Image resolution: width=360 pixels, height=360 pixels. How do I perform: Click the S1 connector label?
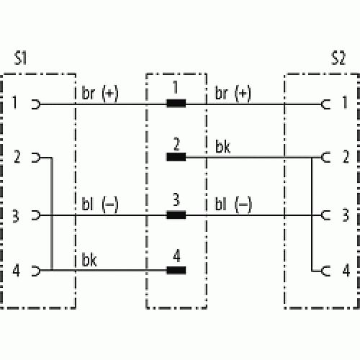point(20,58)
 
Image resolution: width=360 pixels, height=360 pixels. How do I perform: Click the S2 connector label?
point(338,58)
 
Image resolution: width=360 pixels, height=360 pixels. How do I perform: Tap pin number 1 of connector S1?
point(15,102)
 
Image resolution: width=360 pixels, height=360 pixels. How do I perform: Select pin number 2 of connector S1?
point(17,157)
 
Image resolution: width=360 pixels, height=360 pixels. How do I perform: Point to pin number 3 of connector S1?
point(16,216)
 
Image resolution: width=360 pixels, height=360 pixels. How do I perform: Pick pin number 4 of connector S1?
point(17,271)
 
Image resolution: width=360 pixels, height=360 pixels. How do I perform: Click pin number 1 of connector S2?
point(345,102)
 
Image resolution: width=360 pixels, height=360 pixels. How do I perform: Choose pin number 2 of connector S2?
point(346,157)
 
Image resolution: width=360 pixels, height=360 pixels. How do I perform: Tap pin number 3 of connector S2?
point(346,215)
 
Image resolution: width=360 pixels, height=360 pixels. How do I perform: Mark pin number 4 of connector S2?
point(346,271)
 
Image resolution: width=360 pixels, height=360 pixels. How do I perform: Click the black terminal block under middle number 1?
point(176,104)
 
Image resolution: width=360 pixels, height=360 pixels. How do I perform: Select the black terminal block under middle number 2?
point(176,157)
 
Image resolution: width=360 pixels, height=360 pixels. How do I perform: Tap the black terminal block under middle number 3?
point(176,215)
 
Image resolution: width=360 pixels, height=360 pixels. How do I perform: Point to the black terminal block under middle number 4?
point(176,270)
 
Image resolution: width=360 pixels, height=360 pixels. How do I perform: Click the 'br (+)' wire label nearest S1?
point(100,93)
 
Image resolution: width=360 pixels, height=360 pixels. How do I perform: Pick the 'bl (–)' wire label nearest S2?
point(233,204)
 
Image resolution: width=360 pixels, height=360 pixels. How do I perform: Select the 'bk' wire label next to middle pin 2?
point(222,146)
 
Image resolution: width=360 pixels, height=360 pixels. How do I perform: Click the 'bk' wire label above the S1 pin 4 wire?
point(89,260)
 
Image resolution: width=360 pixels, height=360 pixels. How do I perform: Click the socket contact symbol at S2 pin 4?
point(325,271)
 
